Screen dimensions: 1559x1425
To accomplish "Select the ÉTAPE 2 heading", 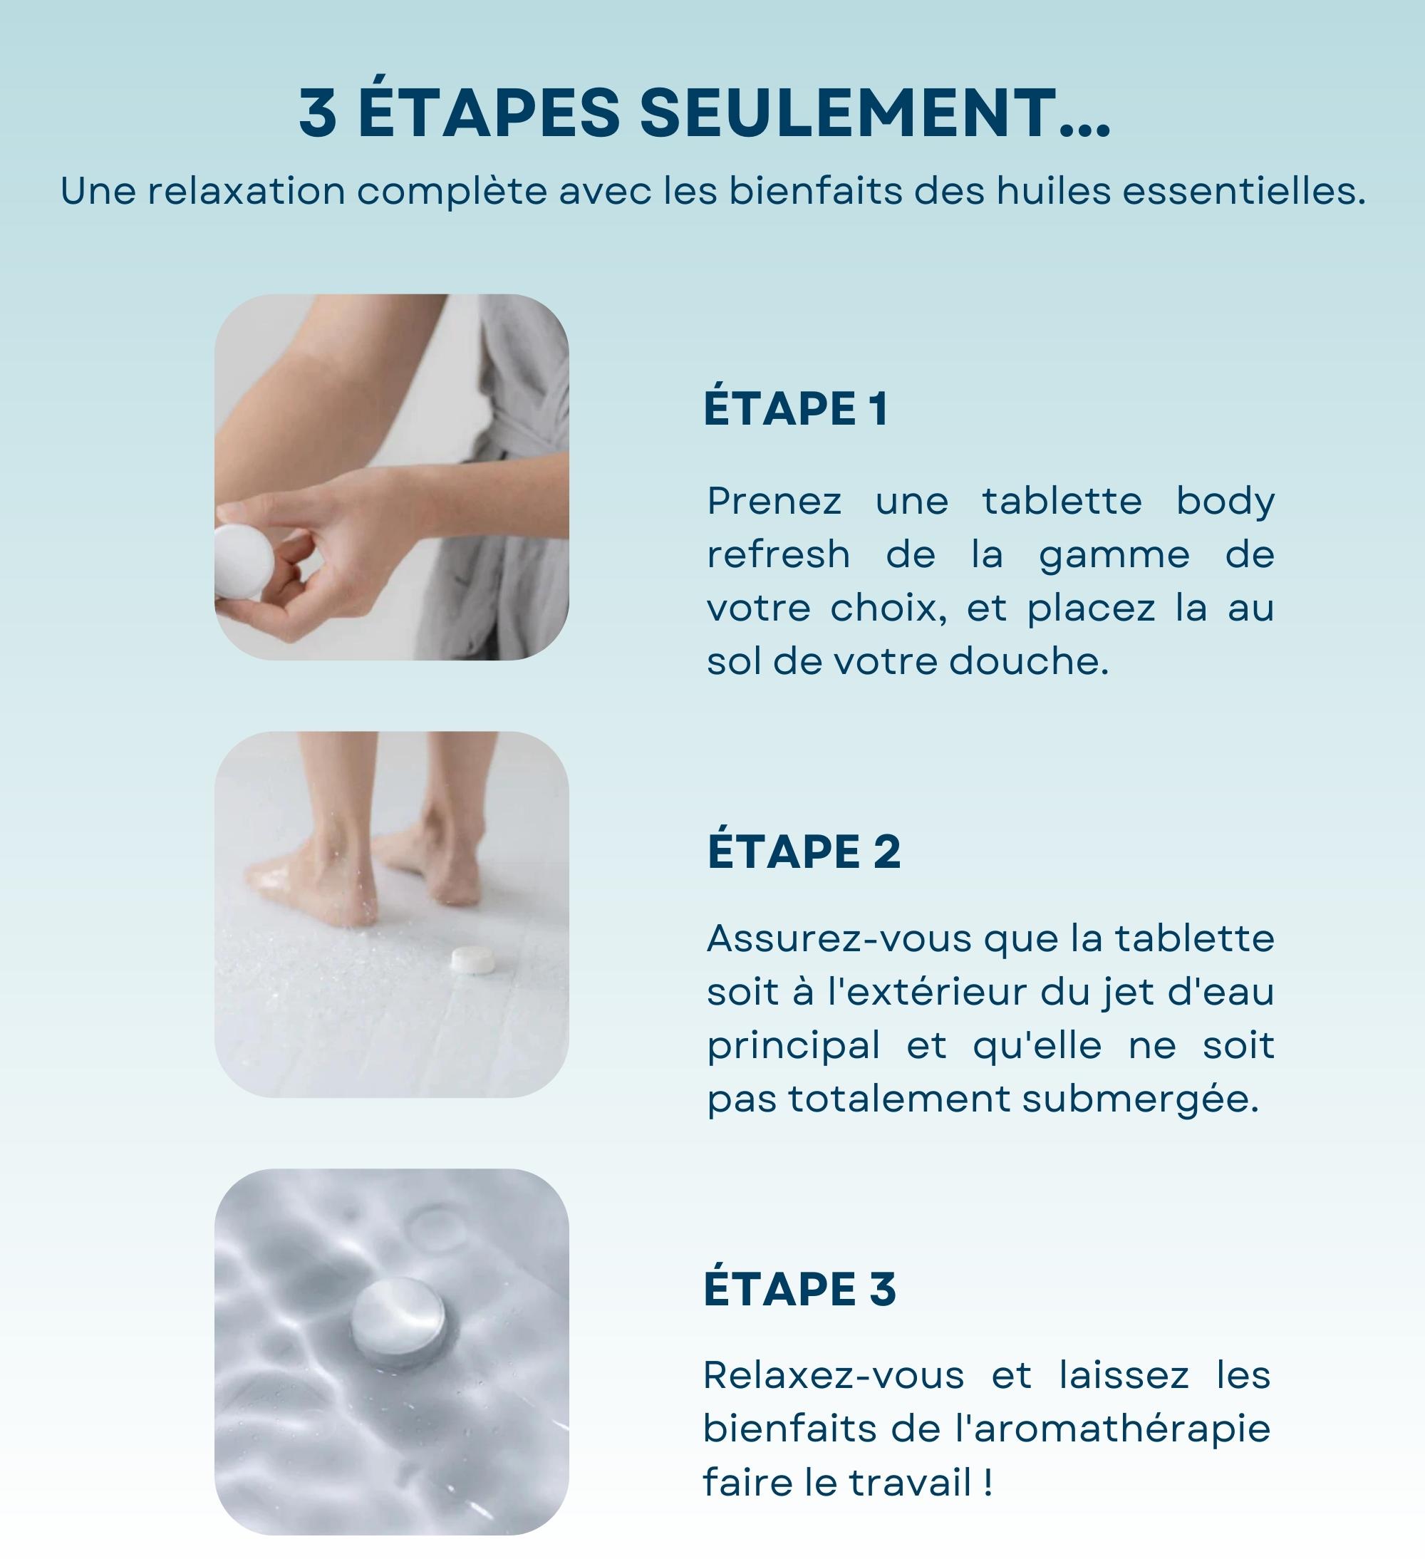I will coord(804,851).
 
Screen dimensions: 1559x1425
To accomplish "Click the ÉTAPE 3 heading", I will coord(799,1288).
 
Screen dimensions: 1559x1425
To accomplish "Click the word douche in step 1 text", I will coord(1028,661).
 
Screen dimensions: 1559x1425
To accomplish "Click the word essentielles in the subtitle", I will coord(1243,191).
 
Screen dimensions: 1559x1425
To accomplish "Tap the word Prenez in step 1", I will coord(774,501).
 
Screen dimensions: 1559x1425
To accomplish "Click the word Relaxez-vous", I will coord(834,1375).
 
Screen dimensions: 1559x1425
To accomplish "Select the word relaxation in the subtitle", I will coord(246,191).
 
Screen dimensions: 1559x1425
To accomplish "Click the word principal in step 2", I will coord(793,1046).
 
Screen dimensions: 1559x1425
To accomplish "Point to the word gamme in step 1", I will coord(1114,554).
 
